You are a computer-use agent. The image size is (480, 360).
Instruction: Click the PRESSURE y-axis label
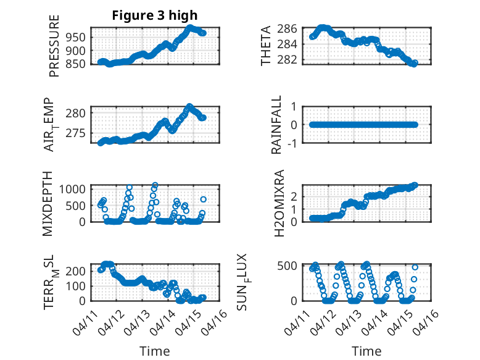click(55, 50)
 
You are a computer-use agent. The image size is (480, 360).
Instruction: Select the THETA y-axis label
click(266, 46)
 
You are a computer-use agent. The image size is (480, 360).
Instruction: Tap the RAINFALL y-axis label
click(277, 125)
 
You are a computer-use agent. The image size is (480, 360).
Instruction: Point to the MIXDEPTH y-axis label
click(49, 203)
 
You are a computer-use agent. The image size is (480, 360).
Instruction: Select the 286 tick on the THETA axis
click(291, 28)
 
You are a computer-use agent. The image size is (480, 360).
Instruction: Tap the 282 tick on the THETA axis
click(291, 60)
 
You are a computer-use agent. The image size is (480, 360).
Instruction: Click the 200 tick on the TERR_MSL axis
click(77, 270)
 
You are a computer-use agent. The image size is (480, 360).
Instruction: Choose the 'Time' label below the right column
click(366, 351)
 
